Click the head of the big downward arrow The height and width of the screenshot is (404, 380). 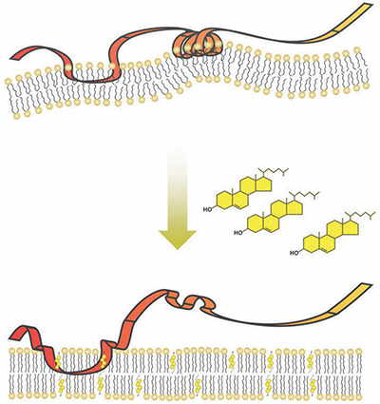click(178, 239)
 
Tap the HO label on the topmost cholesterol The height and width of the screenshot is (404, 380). click(207, 209)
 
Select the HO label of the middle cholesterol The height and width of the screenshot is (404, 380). click(238, 233)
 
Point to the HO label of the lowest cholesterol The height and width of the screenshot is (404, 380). click(294, 253)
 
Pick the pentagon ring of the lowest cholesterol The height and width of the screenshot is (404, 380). click(351, 228)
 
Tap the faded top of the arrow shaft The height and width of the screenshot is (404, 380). click(178, 152)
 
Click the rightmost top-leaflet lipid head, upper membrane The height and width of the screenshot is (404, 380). click(357, 50)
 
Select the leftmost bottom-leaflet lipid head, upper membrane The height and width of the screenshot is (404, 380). click(17, 116)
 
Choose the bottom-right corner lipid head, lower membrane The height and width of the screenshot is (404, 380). click(358, 395)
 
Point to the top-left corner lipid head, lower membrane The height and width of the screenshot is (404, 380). click(12, 351)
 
